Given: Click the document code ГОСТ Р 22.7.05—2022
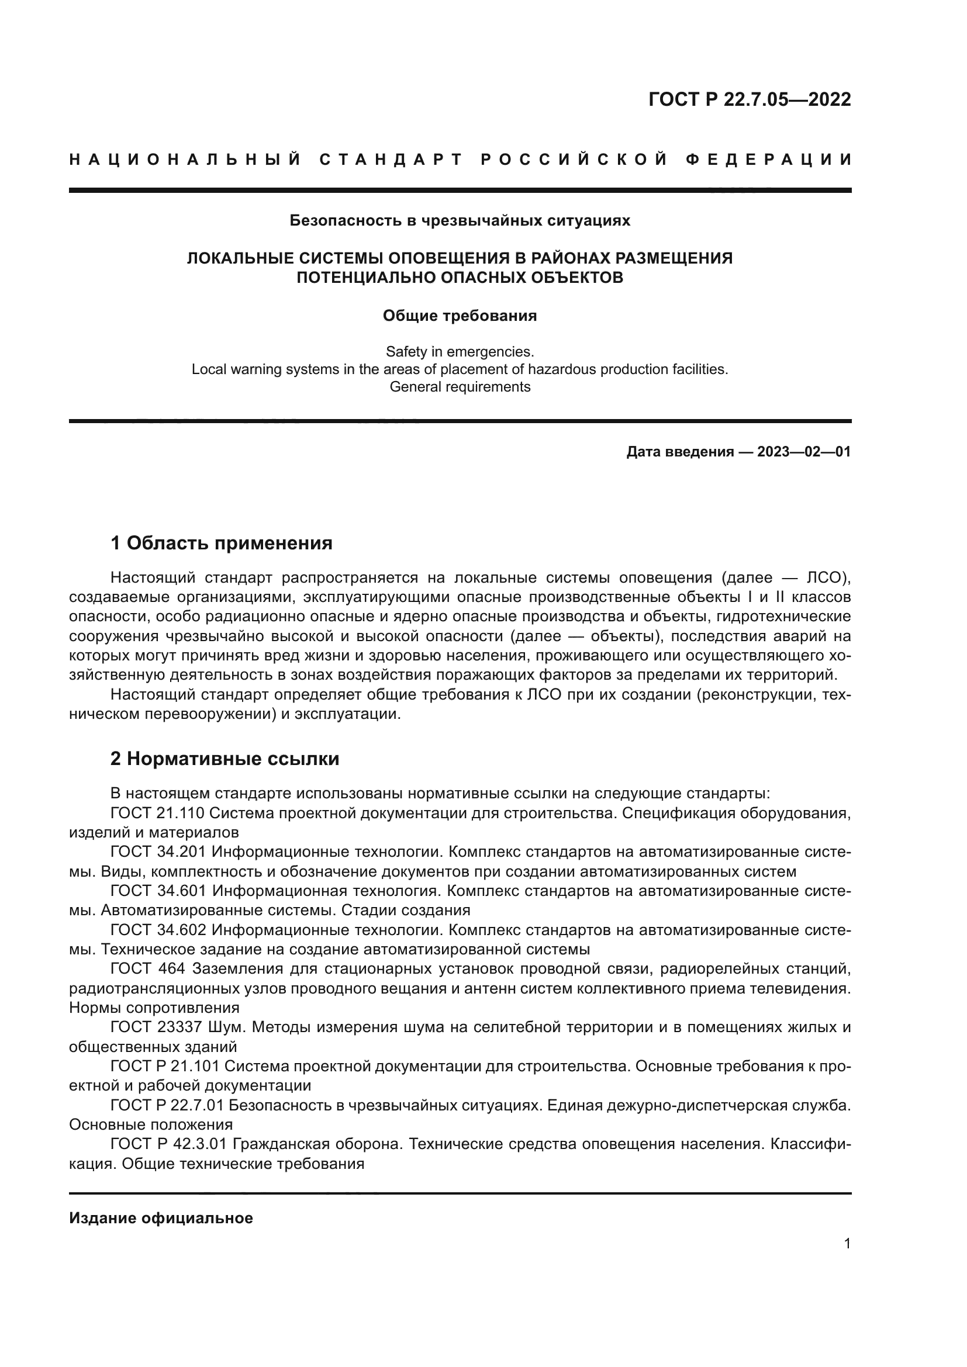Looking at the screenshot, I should pos(749,99).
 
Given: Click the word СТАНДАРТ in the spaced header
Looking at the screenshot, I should pos(391,160).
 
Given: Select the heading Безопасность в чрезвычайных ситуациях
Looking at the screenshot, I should pos(460,221).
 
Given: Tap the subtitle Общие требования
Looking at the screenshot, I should pos(460,316).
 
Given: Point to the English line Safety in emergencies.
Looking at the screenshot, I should pos(460,351).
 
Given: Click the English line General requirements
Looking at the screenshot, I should pos(460,387).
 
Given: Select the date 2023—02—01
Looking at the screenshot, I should pos(804,452).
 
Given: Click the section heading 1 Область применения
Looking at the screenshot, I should pos(222,543).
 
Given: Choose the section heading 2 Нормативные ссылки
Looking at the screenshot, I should pos(225,759).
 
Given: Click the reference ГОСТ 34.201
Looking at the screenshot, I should pos(158,853).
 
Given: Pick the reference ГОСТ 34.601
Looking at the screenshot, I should pos(158,891).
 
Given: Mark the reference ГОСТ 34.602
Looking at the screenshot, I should pos(158,930).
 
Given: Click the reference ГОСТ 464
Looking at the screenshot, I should pos(148,969).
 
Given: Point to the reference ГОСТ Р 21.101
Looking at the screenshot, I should pos(165,1067).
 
